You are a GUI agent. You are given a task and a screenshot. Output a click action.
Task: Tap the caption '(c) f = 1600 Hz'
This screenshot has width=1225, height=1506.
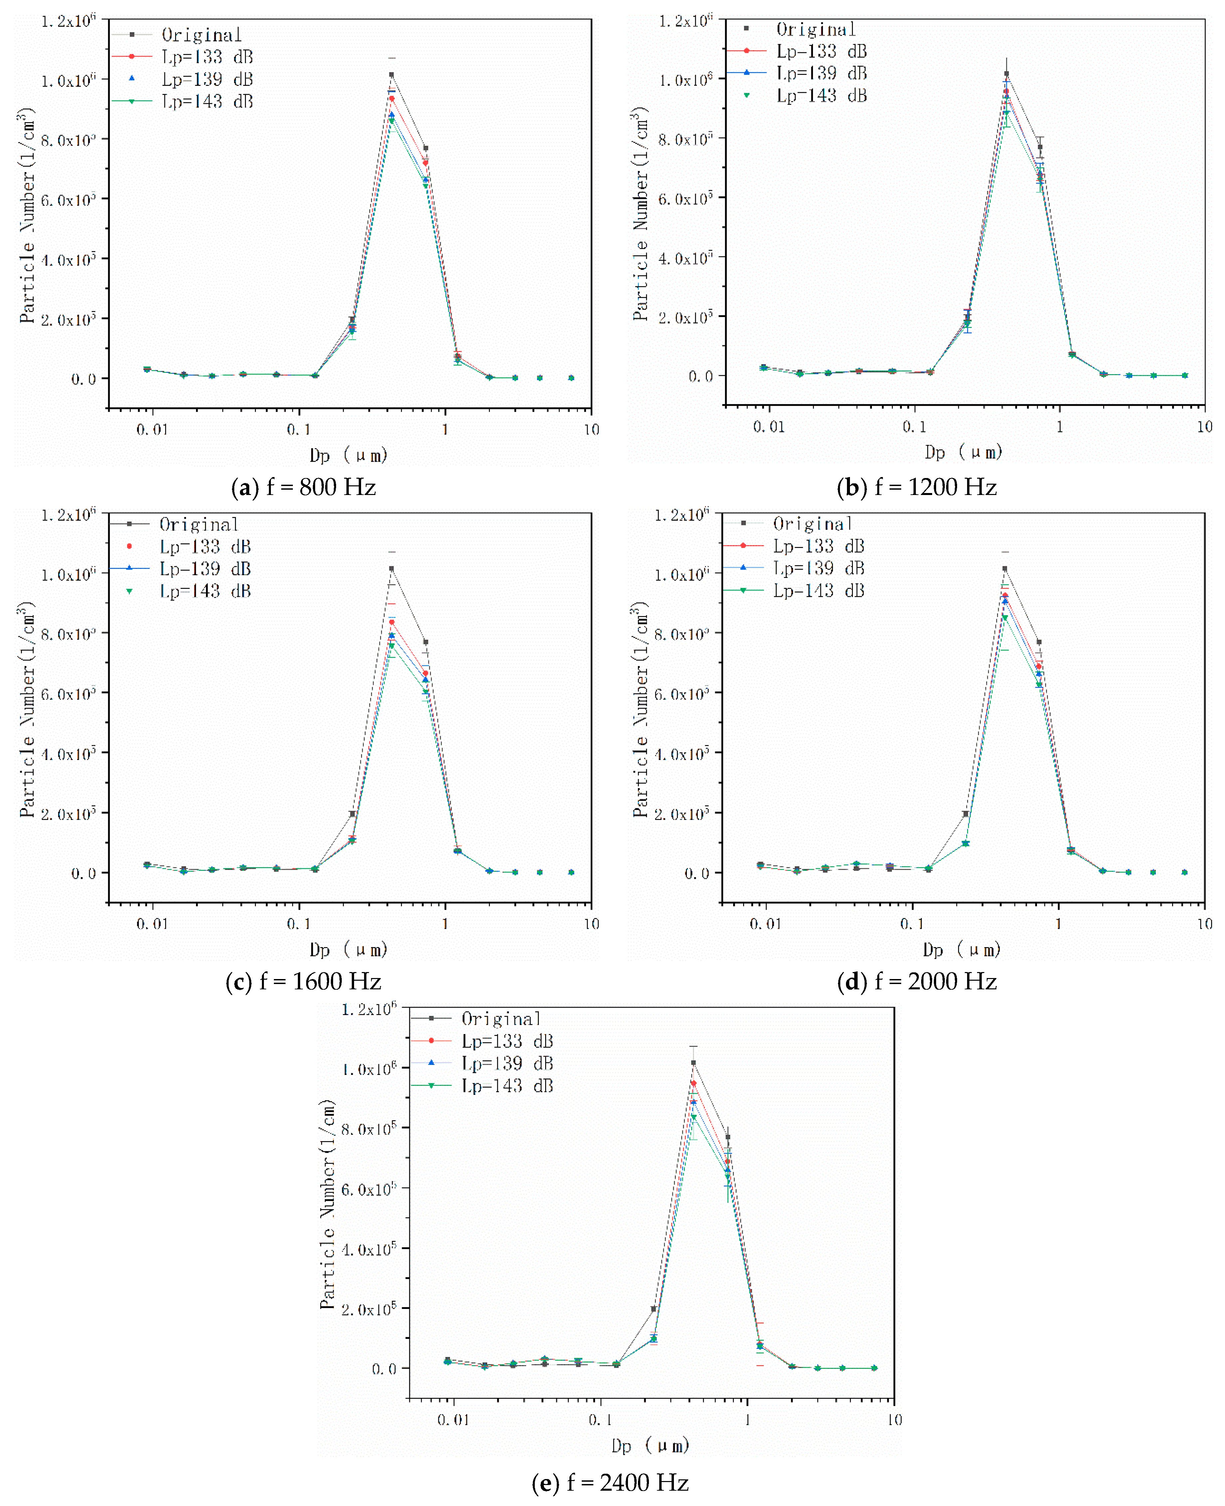pyautogui.click(x=304, y=982)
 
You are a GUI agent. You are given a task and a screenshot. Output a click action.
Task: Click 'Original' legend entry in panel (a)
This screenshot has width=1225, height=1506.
pyautogui.click(x=201, y=35)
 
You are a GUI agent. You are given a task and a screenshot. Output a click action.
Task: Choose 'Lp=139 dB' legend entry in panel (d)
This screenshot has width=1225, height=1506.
pyautogui.click(x=819, y=568)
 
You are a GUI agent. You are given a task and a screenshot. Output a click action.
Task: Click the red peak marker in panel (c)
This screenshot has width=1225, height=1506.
pyautogui.click(x=392, y=622)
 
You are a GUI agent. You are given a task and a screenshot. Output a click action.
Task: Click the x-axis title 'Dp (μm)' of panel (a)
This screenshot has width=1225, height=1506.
pyautogui.click(x=348, y=455)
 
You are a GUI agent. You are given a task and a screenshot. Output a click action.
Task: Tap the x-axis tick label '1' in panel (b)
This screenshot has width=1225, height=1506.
pyautogui.click(x=1059, y=427)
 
